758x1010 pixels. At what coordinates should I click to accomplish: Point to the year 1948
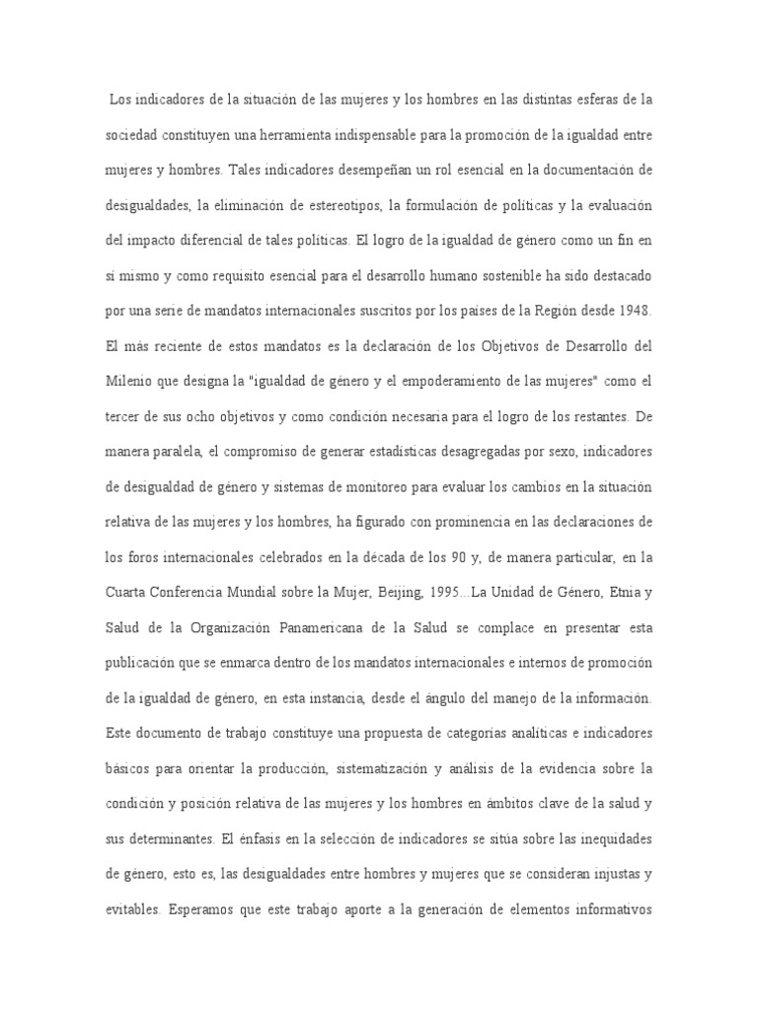click(x=630, y=311)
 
